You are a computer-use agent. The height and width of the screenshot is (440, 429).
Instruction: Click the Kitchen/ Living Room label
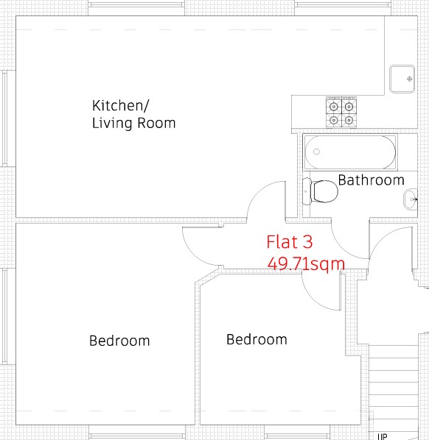pos(134,114)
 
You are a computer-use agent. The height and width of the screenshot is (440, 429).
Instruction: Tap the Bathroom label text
pos(371,180)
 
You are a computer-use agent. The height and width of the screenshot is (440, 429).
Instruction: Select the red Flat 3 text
pos(289,242)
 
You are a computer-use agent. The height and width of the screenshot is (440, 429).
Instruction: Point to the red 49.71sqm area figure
pos(306,264)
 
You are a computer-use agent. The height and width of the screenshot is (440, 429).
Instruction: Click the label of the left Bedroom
pos(119,341)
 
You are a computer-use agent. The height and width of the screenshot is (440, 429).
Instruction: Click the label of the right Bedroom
pos(257,339)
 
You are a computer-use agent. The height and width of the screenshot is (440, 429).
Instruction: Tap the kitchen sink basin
pos(402,79)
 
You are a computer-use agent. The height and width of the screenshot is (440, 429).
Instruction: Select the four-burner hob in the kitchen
pos(341,112)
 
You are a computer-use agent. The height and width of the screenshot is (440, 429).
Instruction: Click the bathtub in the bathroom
pos(350,152)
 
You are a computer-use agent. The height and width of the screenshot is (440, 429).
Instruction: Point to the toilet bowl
pos(325,191)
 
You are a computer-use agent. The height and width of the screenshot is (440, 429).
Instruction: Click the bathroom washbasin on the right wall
pos(411,199)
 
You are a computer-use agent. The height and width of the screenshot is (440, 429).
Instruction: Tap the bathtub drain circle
pos(316,152)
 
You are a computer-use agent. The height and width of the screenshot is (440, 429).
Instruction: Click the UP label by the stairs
pos(383,436)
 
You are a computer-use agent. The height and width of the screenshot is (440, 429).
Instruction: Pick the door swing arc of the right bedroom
pos(312,299)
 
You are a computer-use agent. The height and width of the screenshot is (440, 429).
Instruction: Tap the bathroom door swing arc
pos(341,248)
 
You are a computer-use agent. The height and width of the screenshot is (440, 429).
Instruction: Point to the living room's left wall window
pos(4,118)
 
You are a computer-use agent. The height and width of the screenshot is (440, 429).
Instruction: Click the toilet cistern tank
pos(307,191)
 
